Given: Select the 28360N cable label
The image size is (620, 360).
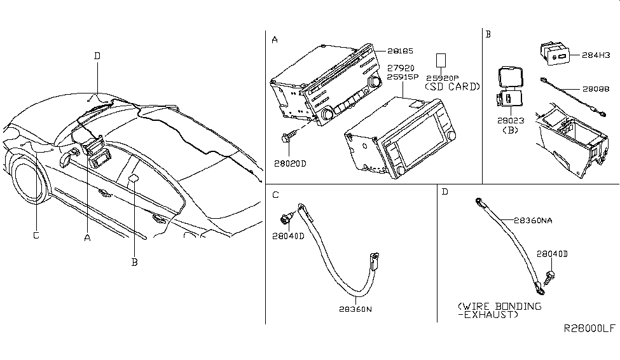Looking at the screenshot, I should pos(356,308).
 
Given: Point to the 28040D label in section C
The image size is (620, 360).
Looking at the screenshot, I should pos(288,236).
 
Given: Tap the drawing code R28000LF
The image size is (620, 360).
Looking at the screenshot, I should pos(589,329).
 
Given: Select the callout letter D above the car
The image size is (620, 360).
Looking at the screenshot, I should pos(97,56).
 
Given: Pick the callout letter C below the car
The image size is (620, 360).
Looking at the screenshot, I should pos(36,235).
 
